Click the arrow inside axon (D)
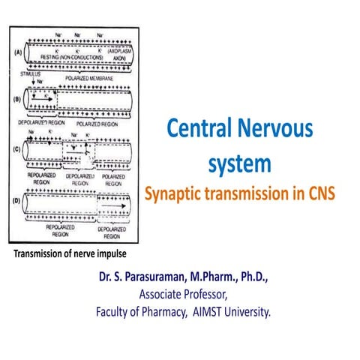(112, 201)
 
